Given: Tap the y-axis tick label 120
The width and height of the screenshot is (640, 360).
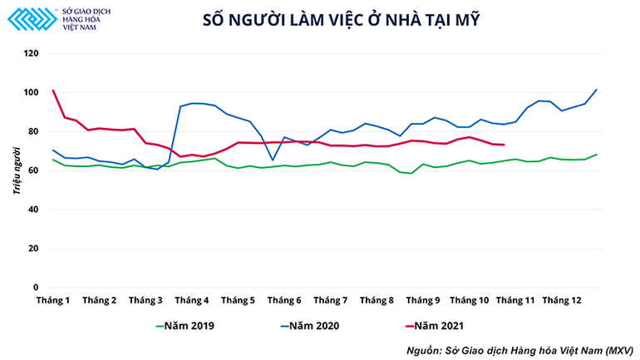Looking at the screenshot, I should pyautogui.click(x=32, y=53).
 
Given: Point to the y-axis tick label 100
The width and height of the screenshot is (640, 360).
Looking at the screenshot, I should pyautogui.click(x=32, y=92).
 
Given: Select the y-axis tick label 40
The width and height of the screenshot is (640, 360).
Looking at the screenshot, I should pyautogui.click(x=34, y=209).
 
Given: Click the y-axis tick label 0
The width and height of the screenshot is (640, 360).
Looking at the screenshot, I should pyautogui.click(x=37, y=287).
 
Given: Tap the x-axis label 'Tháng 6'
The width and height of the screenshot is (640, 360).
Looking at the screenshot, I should pyautogui.click(x=284, y=299).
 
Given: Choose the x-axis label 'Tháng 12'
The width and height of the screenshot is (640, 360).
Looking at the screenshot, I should pyautogui.click(x=563, y=299).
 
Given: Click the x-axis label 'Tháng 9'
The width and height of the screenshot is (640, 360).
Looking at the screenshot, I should pyautogui.click(x=423, y=299).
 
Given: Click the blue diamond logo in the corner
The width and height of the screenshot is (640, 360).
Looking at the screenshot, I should pyautogui.click(x=30, y=18).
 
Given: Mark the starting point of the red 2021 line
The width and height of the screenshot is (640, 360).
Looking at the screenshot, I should pyautogui.click(x=53, y=91).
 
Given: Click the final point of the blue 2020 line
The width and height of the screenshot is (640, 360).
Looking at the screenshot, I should pyautogui.click(x=597, y=89).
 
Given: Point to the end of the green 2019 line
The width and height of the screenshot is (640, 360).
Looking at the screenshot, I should pyautogui.click(x=597, y=154).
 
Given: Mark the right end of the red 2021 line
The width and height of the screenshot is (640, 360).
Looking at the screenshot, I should pyautogui.click(x=505, y=145).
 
